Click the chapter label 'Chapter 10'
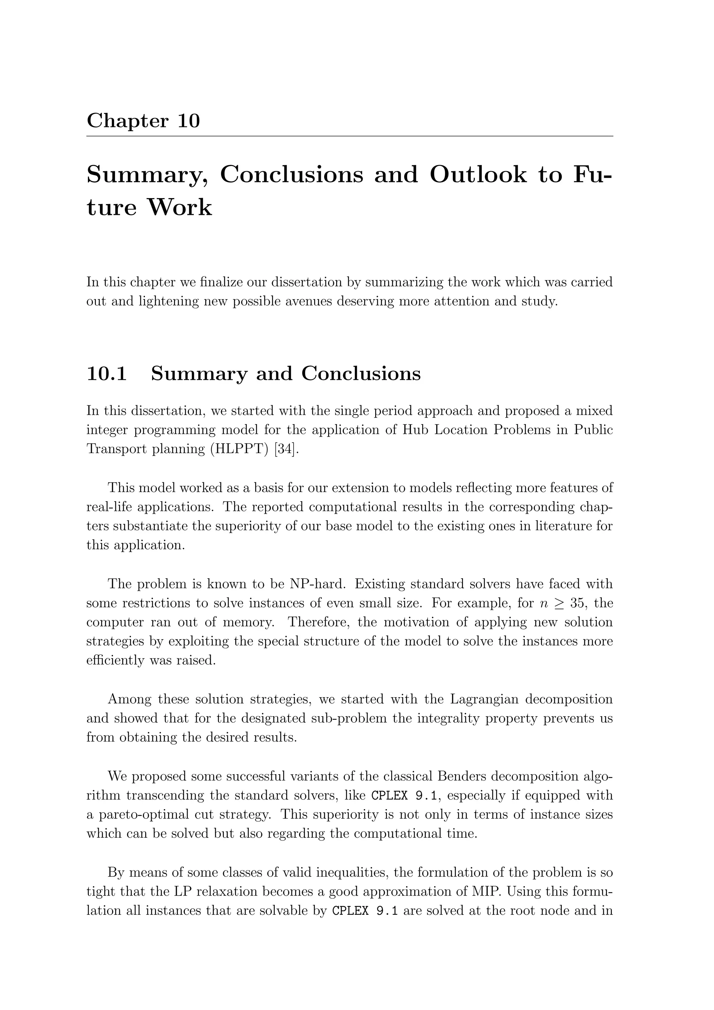[x=143, y=121]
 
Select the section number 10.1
[x=107, y=374]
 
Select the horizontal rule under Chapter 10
[x=350, y=136]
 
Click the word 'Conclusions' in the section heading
[x=361, y=374]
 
